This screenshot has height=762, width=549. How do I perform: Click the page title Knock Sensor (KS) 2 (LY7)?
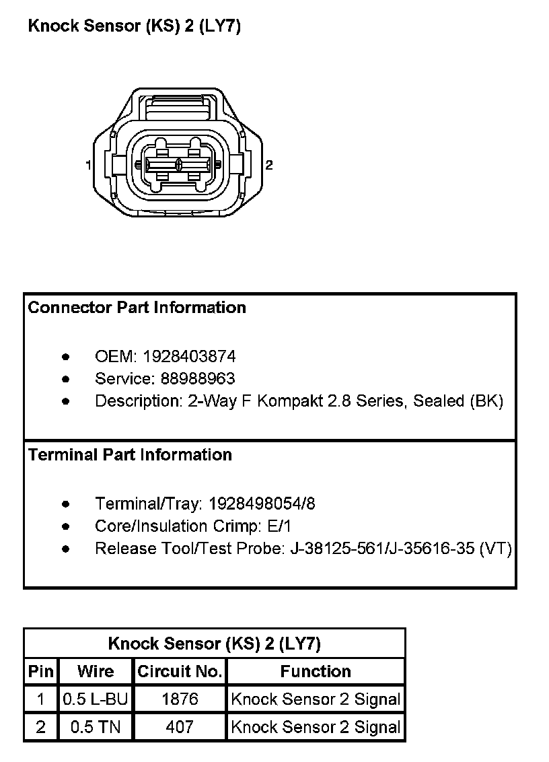(134, 26)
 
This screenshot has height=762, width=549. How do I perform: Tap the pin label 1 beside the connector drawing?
(88, 165)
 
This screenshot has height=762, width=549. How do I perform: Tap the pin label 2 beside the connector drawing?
(269, 165)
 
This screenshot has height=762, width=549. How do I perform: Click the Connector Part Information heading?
(137, 308)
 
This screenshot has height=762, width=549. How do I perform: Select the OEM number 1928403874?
(189, 356)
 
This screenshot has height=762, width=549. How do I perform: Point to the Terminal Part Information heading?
(130, 455)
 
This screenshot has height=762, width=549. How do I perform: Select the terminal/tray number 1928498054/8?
(262, 504)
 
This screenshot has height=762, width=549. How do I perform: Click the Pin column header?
(41, 671)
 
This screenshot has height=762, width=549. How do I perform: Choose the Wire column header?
(96, 671)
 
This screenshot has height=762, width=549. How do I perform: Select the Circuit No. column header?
(180, 671)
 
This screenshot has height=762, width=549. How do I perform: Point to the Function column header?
(316, 671)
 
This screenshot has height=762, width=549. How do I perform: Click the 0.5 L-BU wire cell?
(96, 699)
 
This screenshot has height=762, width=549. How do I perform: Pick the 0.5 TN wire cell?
(96, 727)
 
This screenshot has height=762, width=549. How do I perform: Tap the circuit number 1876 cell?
(180, 699)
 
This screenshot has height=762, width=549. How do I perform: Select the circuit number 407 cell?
(180, 727)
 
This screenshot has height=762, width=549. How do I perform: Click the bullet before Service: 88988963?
(65, 378)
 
